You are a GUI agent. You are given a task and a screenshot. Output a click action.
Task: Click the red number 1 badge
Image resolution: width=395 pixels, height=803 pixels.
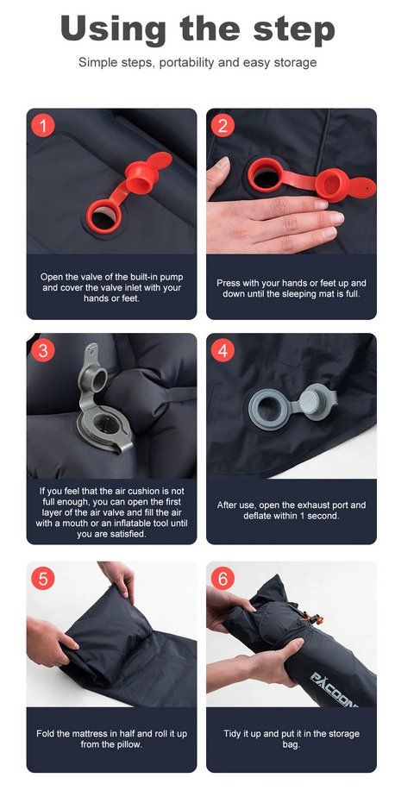43,125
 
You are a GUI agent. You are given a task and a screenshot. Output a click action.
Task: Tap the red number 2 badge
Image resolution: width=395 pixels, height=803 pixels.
223,125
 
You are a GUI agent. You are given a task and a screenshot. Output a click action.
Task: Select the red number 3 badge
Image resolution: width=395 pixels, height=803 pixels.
43,350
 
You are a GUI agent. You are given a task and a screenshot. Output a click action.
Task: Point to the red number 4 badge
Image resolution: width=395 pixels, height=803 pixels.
223,350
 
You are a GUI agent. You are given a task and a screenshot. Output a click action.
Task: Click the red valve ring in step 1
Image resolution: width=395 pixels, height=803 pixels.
103,215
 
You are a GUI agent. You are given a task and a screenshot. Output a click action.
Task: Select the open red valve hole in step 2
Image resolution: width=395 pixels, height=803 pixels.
265,175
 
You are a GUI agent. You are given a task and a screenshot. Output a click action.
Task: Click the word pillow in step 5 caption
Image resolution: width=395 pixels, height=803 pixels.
129,744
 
